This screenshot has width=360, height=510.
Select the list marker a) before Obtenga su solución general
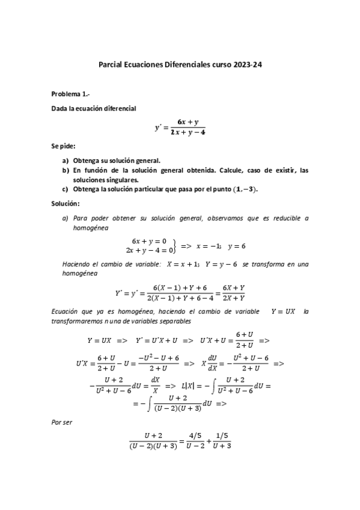pos(66,161)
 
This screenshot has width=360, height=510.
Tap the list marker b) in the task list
pos(66,171)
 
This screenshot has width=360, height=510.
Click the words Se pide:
pos(63,146)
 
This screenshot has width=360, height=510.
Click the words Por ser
pos(62,423)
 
